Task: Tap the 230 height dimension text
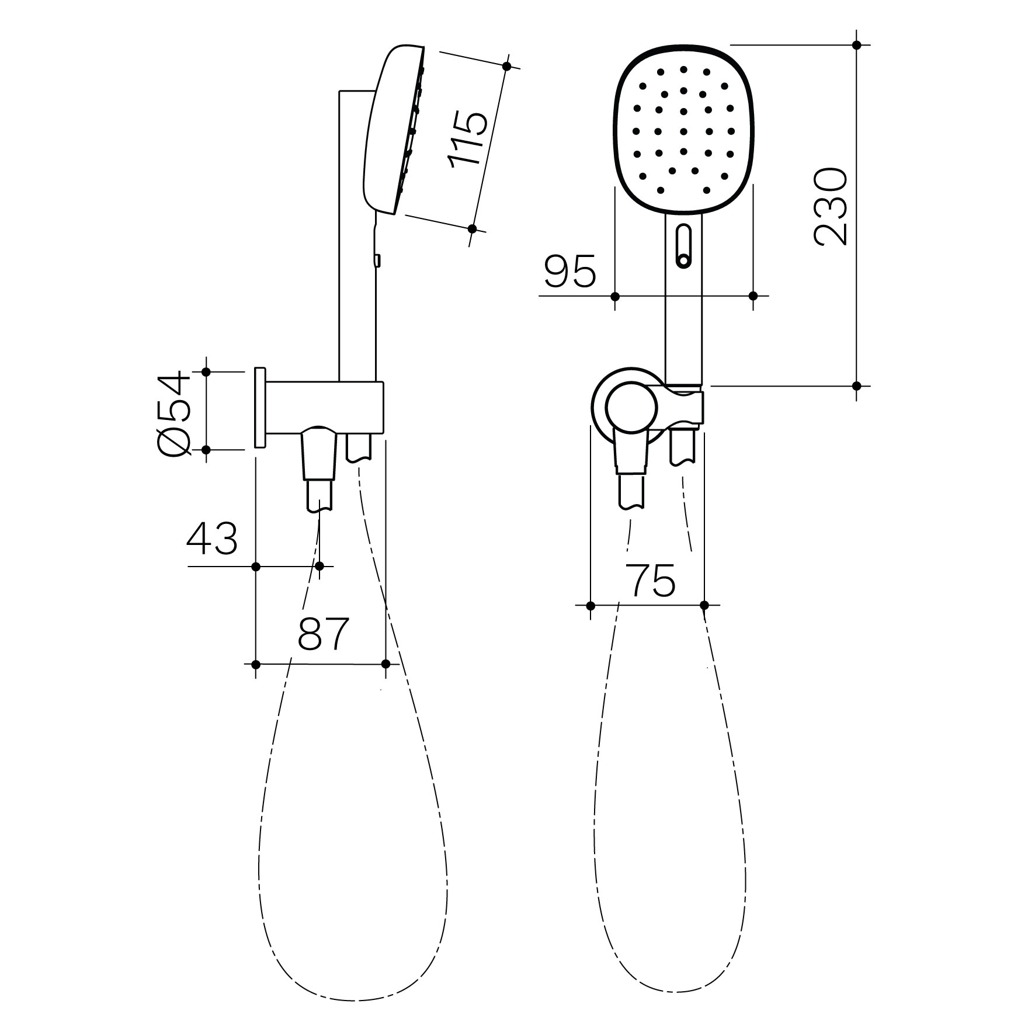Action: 830,207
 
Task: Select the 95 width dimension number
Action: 570,271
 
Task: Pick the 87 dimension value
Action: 323,633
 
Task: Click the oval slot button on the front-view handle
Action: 683,246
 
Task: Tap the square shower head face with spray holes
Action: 683,130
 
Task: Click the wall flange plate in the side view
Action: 260,408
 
